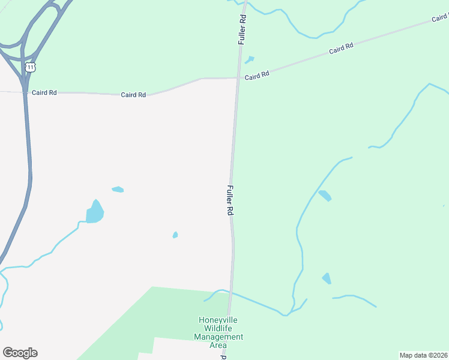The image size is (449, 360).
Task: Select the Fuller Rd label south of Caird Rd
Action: pyautogui.click(x=230, y=200)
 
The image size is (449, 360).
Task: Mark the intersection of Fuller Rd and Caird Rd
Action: pyautogui.click(x=238, y=77)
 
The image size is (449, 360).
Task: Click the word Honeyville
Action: pyautogui.click(x=218, y=320)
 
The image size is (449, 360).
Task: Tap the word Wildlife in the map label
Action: pyautogui.click(x=218, y=328)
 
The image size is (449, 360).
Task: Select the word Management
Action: pyautogui.click(x=218, y=337)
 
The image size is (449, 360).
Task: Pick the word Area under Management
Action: pyautogui.click(x=218, y=345)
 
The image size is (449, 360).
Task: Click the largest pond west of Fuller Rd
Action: pyautogui.click(x=94, y=212)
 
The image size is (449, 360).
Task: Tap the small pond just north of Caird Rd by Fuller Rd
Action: pyautogui.click(x=249, y=59)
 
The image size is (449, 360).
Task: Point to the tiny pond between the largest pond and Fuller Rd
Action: pyautogui.click(x=175, y=235)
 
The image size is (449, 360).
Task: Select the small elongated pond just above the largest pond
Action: pyautogui.click(x=118, y=190)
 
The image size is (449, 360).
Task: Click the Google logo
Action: pyautogui.click(x=20, y=353)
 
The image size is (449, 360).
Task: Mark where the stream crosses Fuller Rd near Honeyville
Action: pyautogui.click(x=231, y=293)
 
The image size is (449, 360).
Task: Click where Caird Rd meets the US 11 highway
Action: pyautogui.click(x=25, y=92)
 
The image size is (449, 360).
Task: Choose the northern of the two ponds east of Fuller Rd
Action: pyautogui.click(x=324, y=196)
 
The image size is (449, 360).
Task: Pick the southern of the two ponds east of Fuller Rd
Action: pyautogui.click(x=327, y=278)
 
